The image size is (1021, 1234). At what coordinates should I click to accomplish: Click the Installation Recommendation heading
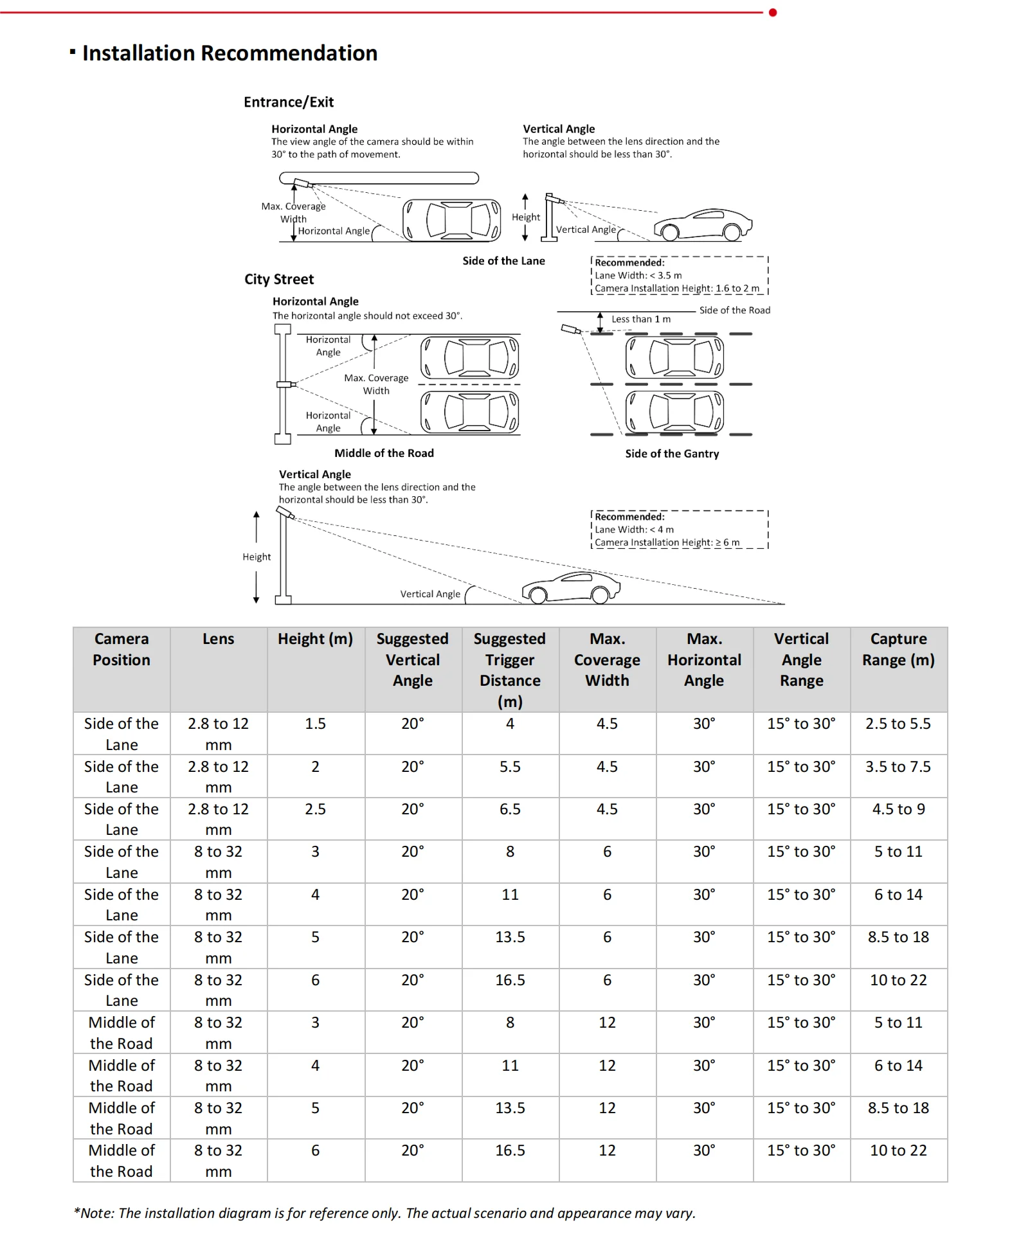[x=230, y=53]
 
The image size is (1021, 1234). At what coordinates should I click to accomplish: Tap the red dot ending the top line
[x=773, y=12]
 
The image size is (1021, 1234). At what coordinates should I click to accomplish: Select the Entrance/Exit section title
[x=289, y=102]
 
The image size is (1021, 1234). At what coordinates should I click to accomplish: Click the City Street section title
[x=279, y=280]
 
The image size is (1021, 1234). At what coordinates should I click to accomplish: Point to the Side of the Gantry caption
[x=672, y=454]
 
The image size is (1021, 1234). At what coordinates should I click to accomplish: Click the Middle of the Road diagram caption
[x=384, y=453]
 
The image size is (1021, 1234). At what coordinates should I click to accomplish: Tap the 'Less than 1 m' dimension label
[x=640, y=319]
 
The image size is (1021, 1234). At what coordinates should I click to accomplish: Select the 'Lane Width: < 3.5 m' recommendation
[x=638, y=276]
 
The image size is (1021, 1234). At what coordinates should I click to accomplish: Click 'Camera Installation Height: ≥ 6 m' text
[x=667, y=542]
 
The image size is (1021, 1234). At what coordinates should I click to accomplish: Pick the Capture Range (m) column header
[x=898, y=650]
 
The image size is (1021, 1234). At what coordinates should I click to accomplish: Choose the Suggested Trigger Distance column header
[x=510, y=670]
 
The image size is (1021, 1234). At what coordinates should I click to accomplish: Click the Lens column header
[x=219, y=639]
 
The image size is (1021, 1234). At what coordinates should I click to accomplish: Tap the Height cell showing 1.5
[x=315, y=724]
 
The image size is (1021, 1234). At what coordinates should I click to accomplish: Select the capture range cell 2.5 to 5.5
[x=898, y=724]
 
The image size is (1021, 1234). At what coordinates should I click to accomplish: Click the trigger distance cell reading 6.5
[x=510, y=809]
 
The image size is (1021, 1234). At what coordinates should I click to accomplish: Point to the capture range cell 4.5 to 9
[x=898, y=809]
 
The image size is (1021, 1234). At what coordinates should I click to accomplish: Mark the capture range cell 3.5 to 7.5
[x=898, y=767]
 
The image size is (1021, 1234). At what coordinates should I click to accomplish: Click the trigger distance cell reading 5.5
[x=510, y=767]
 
